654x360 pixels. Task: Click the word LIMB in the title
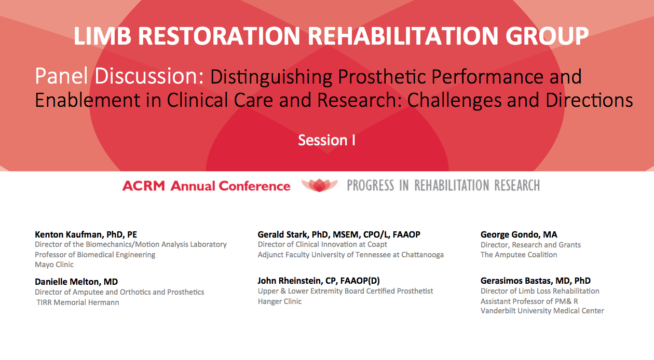point(102,36)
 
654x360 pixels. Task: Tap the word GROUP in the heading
point(547,36)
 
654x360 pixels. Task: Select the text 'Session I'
point(326,141)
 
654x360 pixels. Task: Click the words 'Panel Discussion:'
point(119,76)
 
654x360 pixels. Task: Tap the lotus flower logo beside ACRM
point(319,185)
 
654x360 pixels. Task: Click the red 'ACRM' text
point(143,186)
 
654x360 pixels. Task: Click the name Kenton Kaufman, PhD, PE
point(86,234)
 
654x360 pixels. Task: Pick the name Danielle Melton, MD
point(76,282)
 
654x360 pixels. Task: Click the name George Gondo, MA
point(519,234)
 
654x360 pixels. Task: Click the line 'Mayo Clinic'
point(54,265)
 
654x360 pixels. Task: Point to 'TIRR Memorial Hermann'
point(78,302)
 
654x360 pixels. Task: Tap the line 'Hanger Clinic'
point(279,301)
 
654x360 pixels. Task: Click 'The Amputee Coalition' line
point(519,255)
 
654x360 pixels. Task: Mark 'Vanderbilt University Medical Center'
point(542,311)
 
